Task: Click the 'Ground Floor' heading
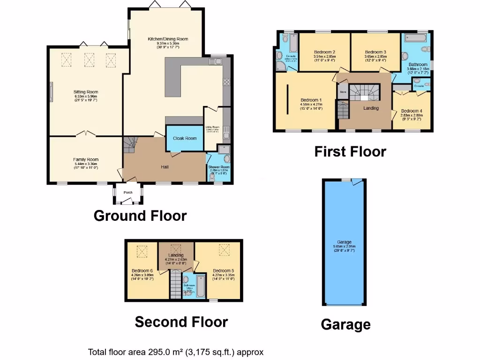[x=140, y=216]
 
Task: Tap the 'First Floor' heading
[x=350, y=151]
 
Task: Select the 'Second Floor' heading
[x=181, y=322]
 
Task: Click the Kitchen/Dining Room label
[x=168, y=39]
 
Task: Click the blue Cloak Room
[x=185, y=138]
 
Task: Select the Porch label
[x=128, y=193]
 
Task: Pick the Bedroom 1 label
[x=311, y=100]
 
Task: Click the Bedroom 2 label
[x=324, y=52]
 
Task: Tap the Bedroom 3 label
[x=375, y=52]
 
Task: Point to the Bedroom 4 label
[x=412, y=111]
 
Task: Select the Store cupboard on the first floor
[x=343, y=92]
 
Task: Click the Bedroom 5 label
[x=223, y=270]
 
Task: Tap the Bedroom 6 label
[x=142, y=270]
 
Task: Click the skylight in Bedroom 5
[x=224, y=250]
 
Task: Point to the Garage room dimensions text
[x=344, y=248]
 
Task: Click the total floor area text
[x=176, y=352]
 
